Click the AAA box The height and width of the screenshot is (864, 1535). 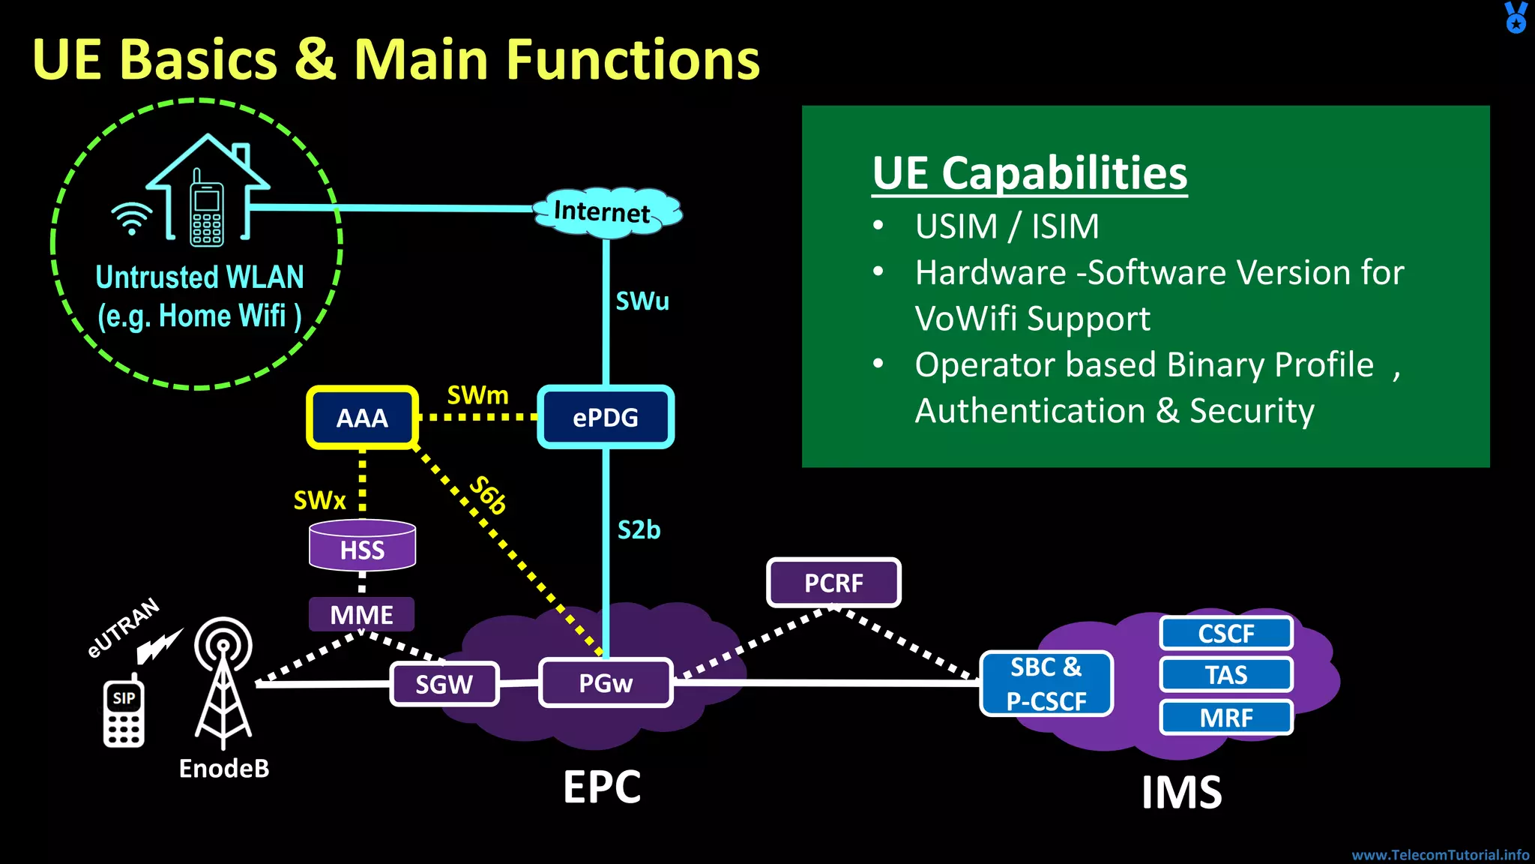click(x=362, y=418)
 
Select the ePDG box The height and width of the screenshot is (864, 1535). click(x=606, y=418)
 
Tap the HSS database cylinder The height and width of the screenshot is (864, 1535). click(x=362, y=547)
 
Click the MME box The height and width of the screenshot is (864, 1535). click(x=361, y=615)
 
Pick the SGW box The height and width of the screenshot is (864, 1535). click(x=444, y=684)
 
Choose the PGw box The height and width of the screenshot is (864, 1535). click(x=606, y=683)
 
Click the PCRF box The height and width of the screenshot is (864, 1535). click(x=833, y=583)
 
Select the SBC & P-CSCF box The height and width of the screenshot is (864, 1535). click(x=1046, y=684)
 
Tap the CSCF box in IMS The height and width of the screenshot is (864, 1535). click(x=1226, y=634)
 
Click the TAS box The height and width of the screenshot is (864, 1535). click(x=1226, y=675)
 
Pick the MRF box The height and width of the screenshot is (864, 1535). click(x=1226, y=718)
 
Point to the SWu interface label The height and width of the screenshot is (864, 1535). click(x=642, y=301)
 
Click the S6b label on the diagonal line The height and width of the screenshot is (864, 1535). click(x=488, y=495)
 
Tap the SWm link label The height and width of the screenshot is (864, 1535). click(x=477, y=395)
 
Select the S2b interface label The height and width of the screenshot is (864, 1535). click(x=639, y=530)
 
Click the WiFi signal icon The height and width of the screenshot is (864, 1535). click(x=132, y=218)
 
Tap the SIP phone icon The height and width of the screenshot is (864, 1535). click(x=124, y=713)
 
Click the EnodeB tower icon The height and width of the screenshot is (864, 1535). click(x=223, y=682)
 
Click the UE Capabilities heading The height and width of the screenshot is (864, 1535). click(x=1029, y=174)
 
